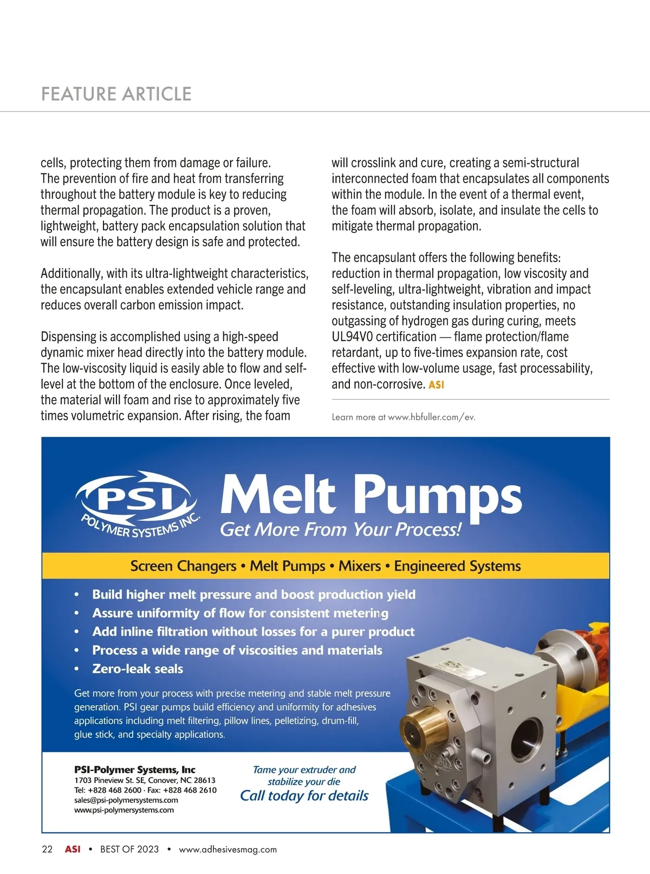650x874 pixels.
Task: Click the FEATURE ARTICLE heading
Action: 116,94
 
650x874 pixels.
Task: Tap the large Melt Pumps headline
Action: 371,496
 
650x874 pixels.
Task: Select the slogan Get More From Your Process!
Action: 341,529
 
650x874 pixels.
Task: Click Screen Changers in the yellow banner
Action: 183,566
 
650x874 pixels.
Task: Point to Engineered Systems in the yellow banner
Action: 457,566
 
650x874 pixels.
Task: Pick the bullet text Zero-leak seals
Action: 138,669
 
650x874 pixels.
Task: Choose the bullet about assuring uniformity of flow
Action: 240,613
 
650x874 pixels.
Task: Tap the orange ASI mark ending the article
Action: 436,385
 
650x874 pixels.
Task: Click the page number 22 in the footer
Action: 47,849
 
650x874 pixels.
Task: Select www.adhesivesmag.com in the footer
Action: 227,849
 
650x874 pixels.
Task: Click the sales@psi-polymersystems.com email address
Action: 126,800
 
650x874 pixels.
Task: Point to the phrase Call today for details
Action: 304,795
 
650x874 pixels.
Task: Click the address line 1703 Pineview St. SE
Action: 145,780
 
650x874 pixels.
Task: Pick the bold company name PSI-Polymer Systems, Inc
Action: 135,769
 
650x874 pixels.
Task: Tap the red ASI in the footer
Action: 73,849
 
